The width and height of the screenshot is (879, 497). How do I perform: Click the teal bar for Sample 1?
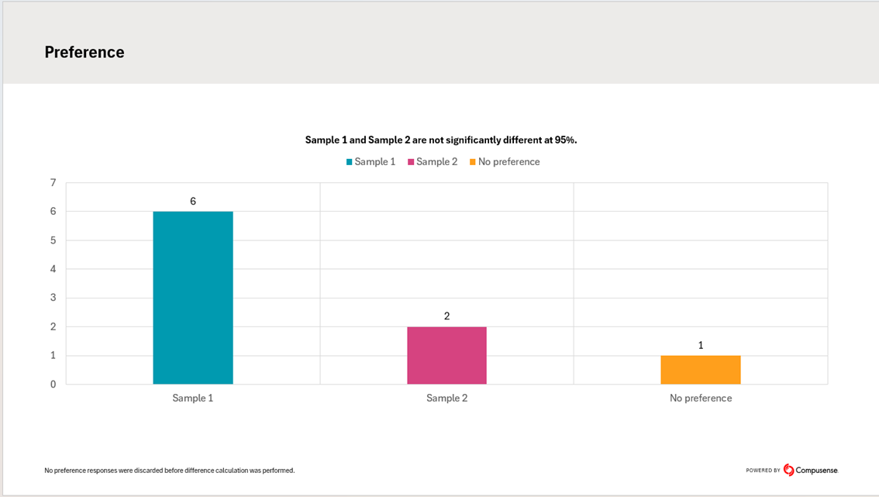(193, 298)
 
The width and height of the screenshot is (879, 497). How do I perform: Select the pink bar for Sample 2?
(446, 355)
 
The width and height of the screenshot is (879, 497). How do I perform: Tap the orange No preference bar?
(701, 370)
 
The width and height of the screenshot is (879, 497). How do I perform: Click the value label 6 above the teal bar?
(193, 202)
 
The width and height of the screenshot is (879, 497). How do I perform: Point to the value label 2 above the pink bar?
(447, 316)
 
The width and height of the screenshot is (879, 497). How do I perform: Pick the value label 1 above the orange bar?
(701, 345)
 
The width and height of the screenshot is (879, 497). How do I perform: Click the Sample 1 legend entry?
(371, 162)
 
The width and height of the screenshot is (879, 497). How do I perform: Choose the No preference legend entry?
(505, 162)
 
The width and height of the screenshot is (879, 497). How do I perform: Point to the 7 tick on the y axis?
(53, 183)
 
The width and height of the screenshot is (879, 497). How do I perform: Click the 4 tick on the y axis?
(53, 269)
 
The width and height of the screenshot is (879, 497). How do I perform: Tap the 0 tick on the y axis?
(53, 385)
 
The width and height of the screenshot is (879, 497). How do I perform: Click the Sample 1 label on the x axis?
(193, 399)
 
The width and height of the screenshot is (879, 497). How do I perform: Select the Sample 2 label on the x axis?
(447, 399)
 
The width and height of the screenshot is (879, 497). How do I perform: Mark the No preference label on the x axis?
(701, 399)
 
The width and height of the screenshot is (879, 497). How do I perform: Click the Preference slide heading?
(84, 52)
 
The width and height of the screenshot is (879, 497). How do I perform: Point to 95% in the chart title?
(565, 140)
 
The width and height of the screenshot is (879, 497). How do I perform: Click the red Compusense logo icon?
(789, 470)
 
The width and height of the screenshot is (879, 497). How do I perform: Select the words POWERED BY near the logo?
(764, 471)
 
